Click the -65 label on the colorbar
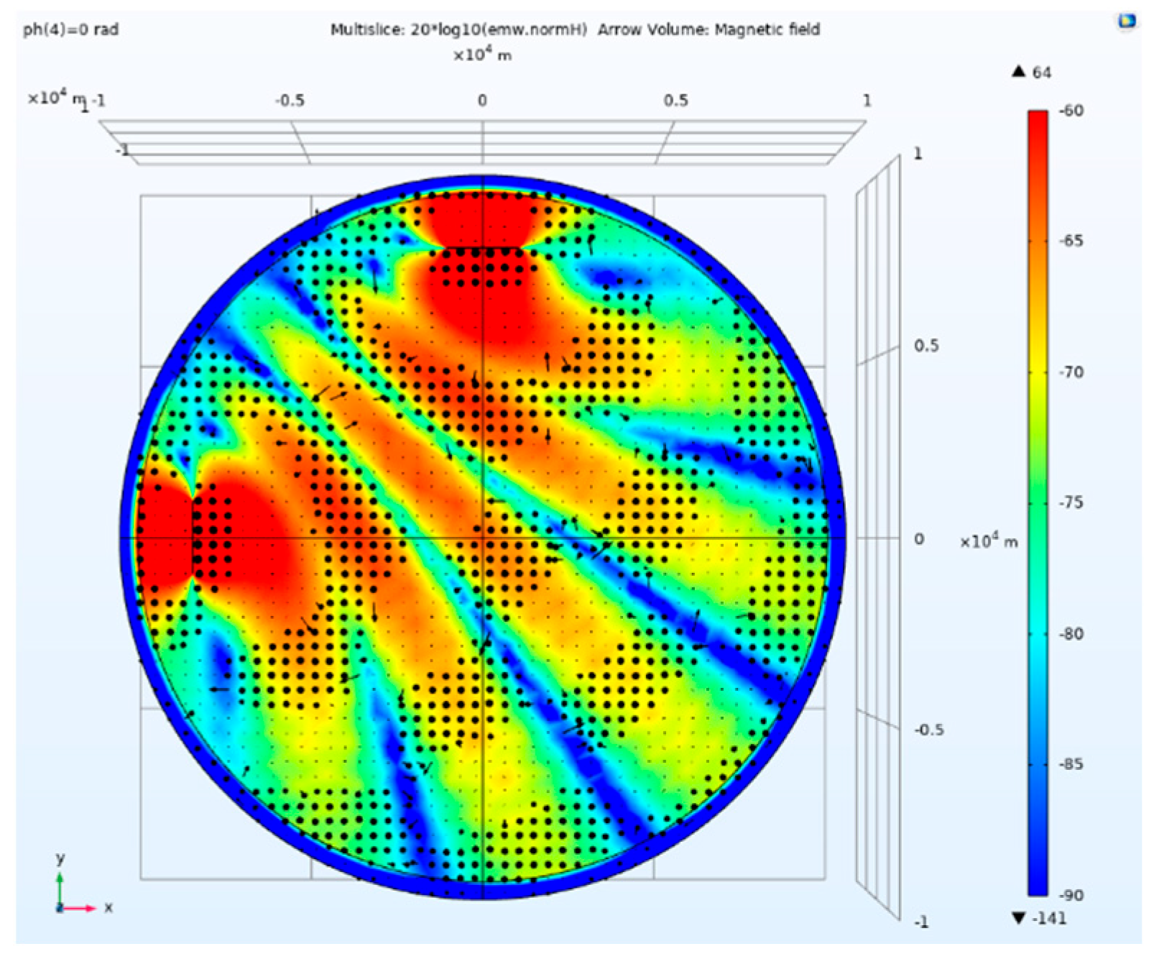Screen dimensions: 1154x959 [x=1071, y=241]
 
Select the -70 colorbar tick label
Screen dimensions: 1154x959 [x=1071, y=372]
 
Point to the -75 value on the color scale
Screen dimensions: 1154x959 [x=1071, y=503]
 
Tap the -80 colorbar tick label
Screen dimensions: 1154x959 [x=1071, y=633]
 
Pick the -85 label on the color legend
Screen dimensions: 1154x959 [x=1071, y=764]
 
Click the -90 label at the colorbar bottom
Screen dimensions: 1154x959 [x=1071, y=895]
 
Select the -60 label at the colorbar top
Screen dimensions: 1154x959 [x=1071, y=111]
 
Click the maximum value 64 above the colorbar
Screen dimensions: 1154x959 [x=1042, y=73]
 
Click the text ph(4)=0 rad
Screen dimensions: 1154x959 [x=70, y=30]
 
